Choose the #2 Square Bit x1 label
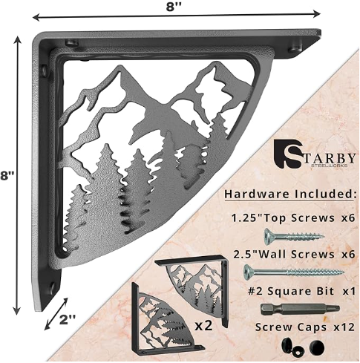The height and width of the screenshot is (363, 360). (x=296, y=290)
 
